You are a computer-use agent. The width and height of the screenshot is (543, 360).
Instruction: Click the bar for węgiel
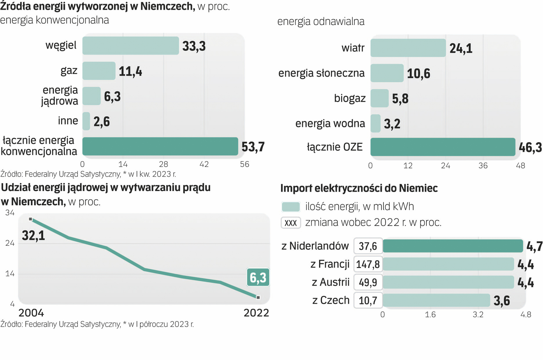[x=130, y=46]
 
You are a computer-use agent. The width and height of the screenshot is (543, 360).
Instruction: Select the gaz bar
[x=99, y=71]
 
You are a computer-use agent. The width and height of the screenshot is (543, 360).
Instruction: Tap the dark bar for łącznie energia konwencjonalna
[x=160, y=146]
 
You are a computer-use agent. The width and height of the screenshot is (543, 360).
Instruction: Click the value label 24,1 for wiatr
[x=461, y=49]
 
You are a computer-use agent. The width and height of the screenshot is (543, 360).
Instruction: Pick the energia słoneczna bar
[x=387, y=73]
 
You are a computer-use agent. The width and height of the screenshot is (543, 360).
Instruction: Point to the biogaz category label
[x=349, y=98]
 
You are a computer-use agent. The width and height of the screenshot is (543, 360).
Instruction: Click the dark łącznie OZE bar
[x=442, y=147]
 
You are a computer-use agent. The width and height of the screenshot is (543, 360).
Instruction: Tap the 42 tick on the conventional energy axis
[x=204, y=164]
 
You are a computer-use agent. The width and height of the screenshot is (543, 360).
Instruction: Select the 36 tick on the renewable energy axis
[x=483, y=166]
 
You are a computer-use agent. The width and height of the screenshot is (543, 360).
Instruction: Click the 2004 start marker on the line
[x=31, y=219]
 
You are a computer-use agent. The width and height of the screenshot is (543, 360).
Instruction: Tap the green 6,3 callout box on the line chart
[x=258, y=277]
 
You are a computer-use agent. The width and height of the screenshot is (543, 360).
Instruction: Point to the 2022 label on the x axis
[x=256, y=313]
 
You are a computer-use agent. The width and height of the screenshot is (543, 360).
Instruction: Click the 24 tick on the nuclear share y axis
[x=10, y=243]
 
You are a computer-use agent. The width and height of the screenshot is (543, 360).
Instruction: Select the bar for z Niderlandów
[x=453, y=246]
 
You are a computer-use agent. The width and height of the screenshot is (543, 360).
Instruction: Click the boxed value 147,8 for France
[x=368, y=264]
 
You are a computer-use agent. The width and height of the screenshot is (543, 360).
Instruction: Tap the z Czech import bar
[x=436, y=300]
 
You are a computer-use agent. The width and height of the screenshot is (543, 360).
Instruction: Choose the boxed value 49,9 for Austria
[x=368, y=282]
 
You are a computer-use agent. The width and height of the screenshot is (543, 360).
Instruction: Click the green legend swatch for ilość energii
[x=290, y=207]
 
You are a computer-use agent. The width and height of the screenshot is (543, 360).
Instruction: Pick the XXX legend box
[x=290, y=223]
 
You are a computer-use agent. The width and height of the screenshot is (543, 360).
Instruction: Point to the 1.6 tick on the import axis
[x=430, y=315]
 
